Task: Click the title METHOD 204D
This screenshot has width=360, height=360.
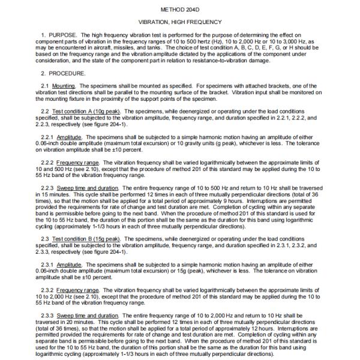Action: [179, 10]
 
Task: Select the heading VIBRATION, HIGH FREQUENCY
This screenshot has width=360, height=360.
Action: [179, 22]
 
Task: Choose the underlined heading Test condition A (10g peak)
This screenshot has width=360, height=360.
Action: [83, 113]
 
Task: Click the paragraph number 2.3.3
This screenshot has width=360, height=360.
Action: [38, 315]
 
